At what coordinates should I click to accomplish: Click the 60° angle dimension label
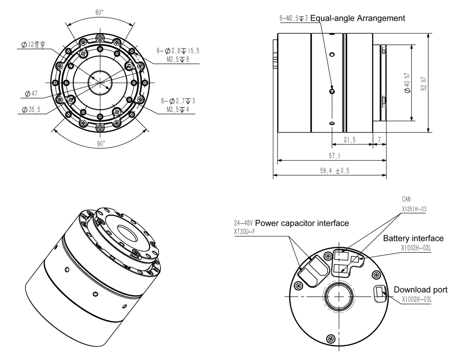(x=99, y=12)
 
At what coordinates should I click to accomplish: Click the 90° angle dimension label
(x=100, y=143)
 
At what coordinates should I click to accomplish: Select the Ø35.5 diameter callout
(x=31, y=109)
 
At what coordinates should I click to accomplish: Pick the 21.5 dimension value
(x=349, y=140)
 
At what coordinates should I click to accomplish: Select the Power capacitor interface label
(x=302, y=223)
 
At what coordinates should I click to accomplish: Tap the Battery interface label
(x=413, y=238)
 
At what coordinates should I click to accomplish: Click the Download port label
(x=420, y=289)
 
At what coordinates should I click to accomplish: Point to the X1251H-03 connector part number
(x=414, y=209)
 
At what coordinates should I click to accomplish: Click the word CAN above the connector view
(x=406, y=199)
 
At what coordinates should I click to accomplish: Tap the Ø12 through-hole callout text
(x=34, y=45)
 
